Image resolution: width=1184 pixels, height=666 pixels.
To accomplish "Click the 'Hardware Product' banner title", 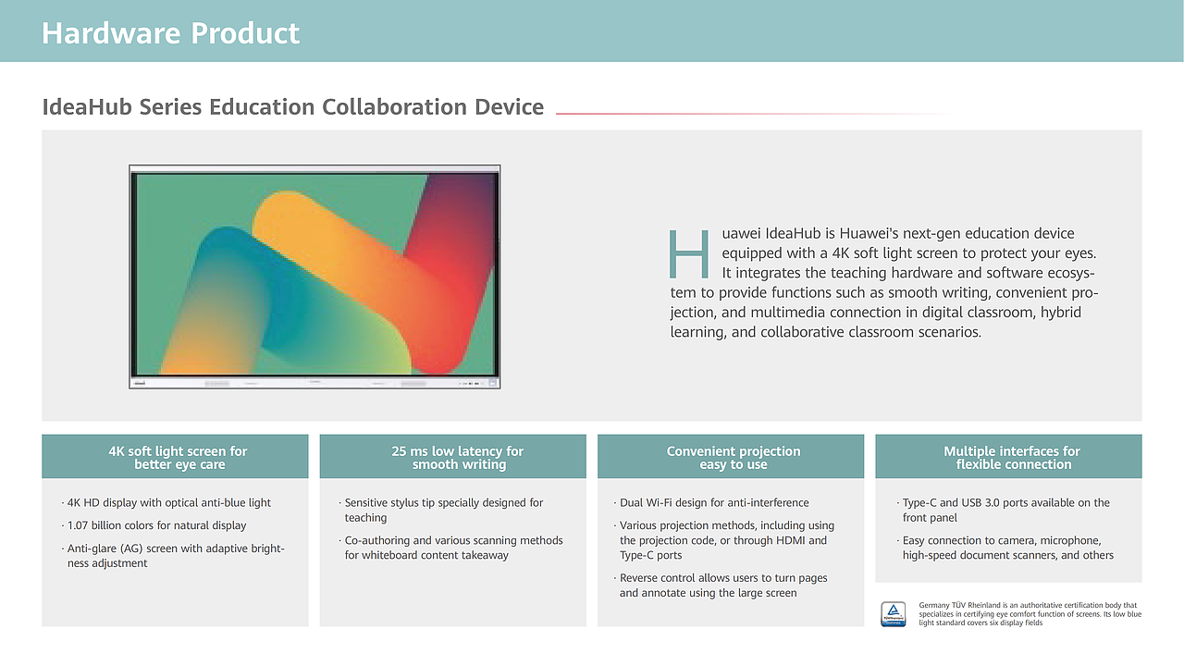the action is [170, 33].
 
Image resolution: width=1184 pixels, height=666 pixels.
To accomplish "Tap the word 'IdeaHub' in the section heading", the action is [87, 106].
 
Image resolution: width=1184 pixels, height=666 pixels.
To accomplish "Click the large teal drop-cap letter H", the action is [689, 253].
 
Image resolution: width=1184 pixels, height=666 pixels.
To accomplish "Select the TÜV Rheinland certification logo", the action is [894, 614].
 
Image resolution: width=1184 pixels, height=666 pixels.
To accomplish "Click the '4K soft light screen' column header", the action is [179, 458].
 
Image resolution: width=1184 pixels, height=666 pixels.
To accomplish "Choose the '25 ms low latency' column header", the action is [458, 458].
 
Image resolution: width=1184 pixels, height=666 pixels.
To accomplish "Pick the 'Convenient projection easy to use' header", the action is [734, 458].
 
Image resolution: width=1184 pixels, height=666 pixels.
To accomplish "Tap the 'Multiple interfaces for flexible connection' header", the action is [1012, 458].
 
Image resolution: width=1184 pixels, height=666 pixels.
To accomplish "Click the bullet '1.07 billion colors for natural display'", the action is [154, 525].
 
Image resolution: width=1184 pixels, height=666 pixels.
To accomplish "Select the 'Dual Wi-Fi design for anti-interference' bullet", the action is [711, 502].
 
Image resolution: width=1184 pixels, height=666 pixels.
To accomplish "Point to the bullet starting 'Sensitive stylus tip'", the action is [441, 510].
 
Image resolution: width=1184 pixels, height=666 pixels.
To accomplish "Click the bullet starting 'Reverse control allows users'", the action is [721, 586].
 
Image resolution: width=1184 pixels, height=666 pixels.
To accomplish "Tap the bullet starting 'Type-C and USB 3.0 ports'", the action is [1004, 510].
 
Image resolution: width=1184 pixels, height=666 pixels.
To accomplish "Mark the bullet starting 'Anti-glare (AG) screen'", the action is [173, 556].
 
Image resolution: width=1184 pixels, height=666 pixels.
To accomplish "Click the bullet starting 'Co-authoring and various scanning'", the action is [450, 548].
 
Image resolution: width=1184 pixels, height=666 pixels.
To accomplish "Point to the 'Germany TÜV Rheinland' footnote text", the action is [1030, 613].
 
